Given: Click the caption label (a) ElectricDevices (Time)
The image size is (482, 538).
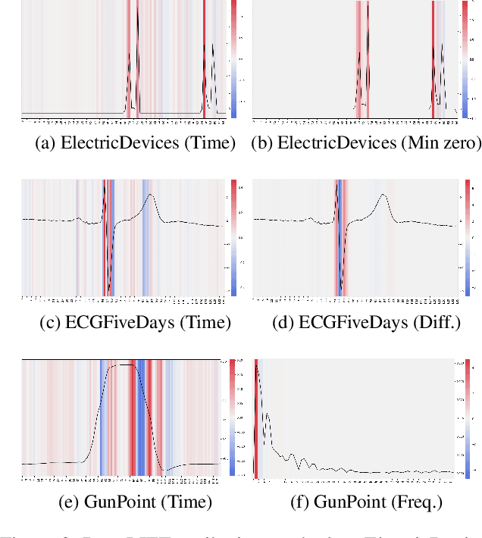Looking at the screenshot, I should pyautogui.click(x=136, y=142).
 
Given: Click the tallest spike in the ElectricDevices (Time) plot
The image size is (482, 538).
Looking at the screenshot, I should pyautogui.click(x=137, y=30).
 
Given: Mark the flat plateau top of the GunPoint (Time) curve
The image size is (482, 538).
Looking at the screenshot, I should pyautogui.click(x=125, y=365).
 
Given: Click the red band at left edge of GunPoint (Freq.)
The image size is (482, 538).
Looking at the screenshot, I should pyautogui.click(x=256, y=417).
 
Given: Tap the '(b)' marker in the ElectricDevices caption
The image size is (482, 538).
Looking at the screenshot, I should pyautogui.click(x=263, y=142).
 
